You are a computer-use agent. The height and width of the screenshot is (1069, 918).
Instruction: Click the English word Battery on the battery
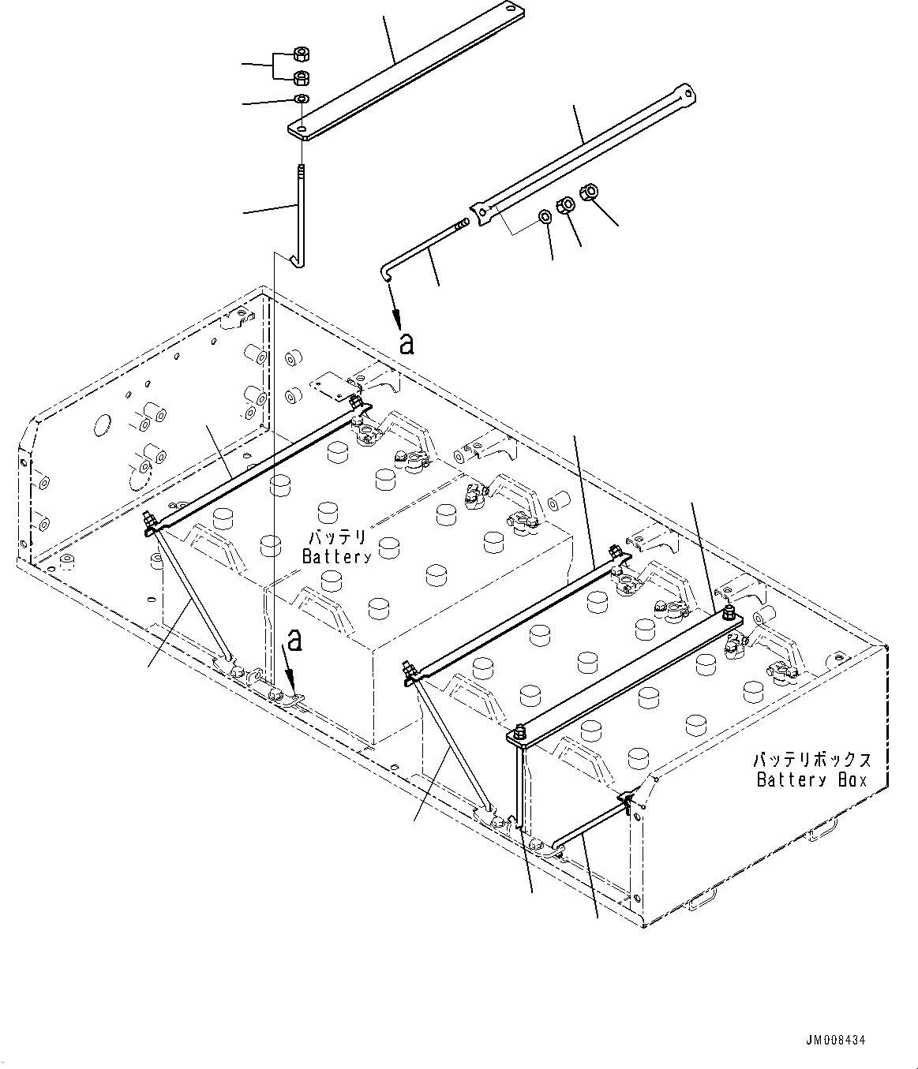pyautogui.click(x=336, y=556)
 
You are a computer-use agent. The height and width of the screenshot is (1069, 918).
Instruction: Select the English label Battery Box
pyautogui.click(x=811, y=780)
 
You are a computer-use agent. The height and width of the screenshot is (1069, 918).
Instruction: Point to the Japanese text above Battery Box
pyautogui.click(x=811, y=761)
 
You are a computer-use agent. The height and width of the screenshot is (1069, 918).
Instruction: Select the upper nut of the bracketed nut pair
pyautogui.click(x=301, y=54)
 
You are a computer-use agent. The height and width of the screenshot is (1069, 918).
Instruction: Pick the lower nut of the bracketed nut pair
pyautogui.click(x=301, y=77)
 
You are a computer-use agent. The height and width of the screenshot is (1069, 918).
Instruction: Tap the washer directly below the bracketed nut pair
pyautogui.click(x=301, y=99)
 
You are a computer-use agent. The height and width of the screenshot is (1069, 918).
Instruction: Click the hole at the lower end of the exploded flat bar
pyautogui.click(x=303, y=128)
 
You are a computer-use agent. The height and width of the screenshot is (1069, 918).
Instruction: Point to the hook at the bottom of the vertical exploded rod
pyautogui.click(x=298, y=260)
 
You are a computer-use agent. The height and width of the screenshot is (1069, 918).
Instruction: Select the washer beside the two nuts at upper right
pyautogui.click(x=545, y=216)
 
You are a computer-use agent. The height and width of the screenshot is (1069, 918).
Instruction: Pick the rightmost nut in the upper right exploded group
pyautogui.click(x=588, y=191)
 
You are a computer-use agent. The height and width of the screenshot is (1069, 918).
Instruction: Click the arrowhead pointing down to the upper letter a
pyautogui.click(x=398, y=319)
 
